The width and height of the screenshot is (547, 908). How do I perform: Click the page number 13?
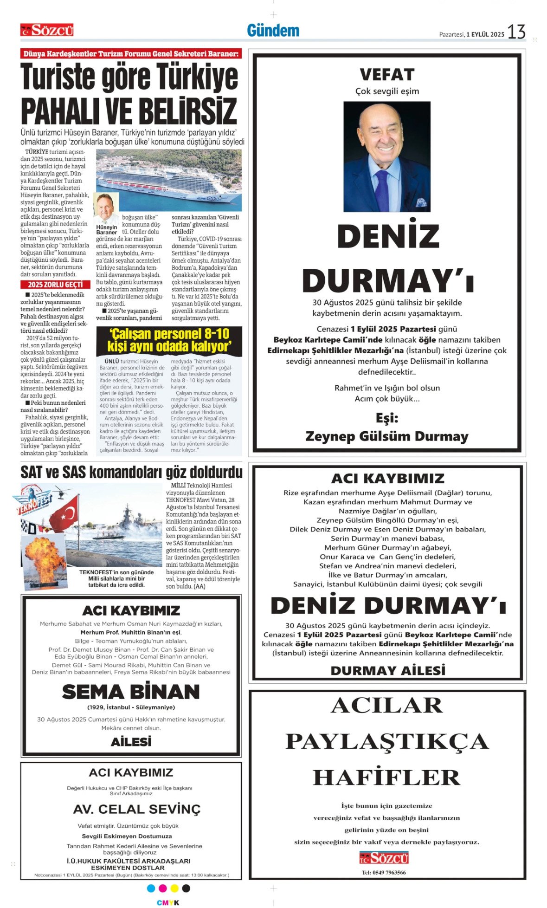click(x=516, y=32)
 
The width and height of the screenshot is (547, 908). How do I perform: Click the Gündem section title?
click(x=273, y=31)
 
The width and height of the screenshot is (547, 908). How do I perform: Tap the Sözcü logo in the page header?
click(x=47, y=30)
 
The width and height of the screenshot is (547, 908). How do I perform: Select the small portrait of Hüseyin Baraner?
click(x=106, y=208)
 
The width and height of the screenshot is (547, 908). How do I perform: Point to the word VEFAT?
click(x=386, y=74)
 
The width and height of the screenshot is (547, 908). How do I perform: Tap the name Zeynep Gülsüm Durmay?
click(x=386, y=436)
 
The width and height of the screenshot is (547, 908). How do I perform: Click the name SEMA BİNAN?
click(x=131, y=692)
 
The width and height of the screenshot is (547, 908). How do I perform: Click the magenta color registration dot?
click(x=162, y=888)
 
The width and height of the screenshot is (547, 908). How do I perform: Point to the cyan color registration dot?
click(x=151, y=888)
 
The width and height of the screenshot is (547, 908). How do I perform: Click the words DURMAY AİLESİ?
click(x=387, y=670)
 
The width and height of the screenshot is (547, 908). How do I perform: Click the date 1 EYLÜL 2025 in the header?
click(x=485, y=34)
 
